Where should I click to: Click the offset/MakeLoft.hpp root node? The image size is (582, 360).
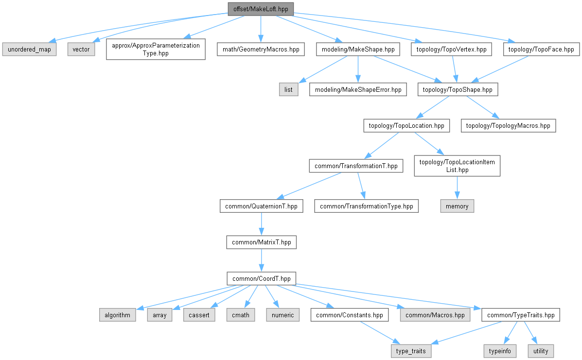click(x=261, y=9)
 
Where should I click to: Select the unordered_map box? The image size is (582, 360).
click(x=29, y=49)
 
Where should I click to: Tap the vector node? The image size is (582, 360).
click(x=81, y=49)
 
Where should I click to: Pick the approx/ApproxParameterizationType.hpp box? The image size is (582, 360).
click(x=155, y=49)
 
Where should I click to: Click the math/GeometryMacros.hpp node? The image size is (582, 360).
click(x=261, y=49)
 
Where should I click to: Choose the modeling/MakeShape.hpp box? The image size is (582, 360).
click(x=358, y=49)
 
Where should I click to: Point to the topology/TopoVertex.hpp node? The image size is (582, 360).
click(x=452, y=49)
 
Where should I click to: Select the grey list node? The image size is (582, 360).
click(x=288, y=89)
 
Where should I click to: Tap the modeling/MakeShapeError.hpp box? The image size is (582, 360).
click(x=358, y=89)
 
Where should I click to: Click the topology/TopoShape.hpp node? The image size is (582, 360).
click(x=458, y=89)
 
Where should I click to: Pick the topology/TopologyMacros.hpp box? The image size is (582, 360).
click(x=508, y=125)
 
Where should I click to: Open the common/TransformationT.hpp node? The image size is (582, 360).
click(x=356, y=166)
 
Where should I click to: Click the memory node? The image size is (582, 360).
click(x=457, y=206)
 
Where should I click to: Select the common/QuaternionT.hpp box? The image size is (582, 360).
click(x=262, y=206)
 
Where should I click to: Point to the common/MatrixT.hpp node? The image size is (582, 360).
click(x=262, y=242)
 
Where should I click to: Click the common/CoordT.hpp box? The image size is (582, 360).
click(x=262, y=278)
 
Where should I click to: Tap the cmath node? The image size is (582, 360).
click(x=240, y=315)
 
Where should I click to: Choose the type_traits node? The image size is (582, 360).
click(x=410, y=351)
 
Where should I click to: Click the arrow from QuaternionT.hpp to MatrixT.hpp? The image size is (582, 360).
click(x=262, y=224)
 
